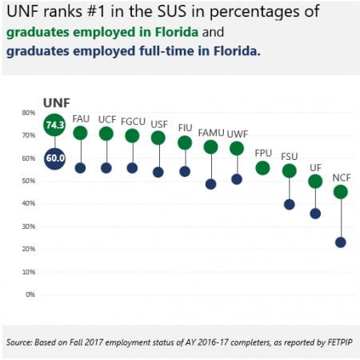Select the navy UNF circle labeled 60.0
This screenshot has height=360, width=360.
54,158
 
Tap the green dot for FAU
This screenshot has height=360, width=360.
80,133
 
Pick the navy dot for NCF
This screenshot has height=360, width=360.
341,242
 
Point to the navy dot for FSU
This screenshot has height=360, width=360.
289,204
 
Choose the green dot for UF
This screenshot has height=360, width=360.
315,181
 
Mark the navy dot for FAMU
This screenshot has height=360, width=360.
210,183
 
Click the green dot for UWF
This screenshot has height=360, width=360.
237,148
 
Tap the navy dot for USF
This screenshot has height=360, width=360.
158,172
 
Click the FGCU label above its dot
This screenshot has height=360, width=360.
132,119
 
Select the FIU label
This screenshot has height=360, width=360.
185,127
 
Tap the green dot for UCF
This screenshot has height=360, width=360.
106,133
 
